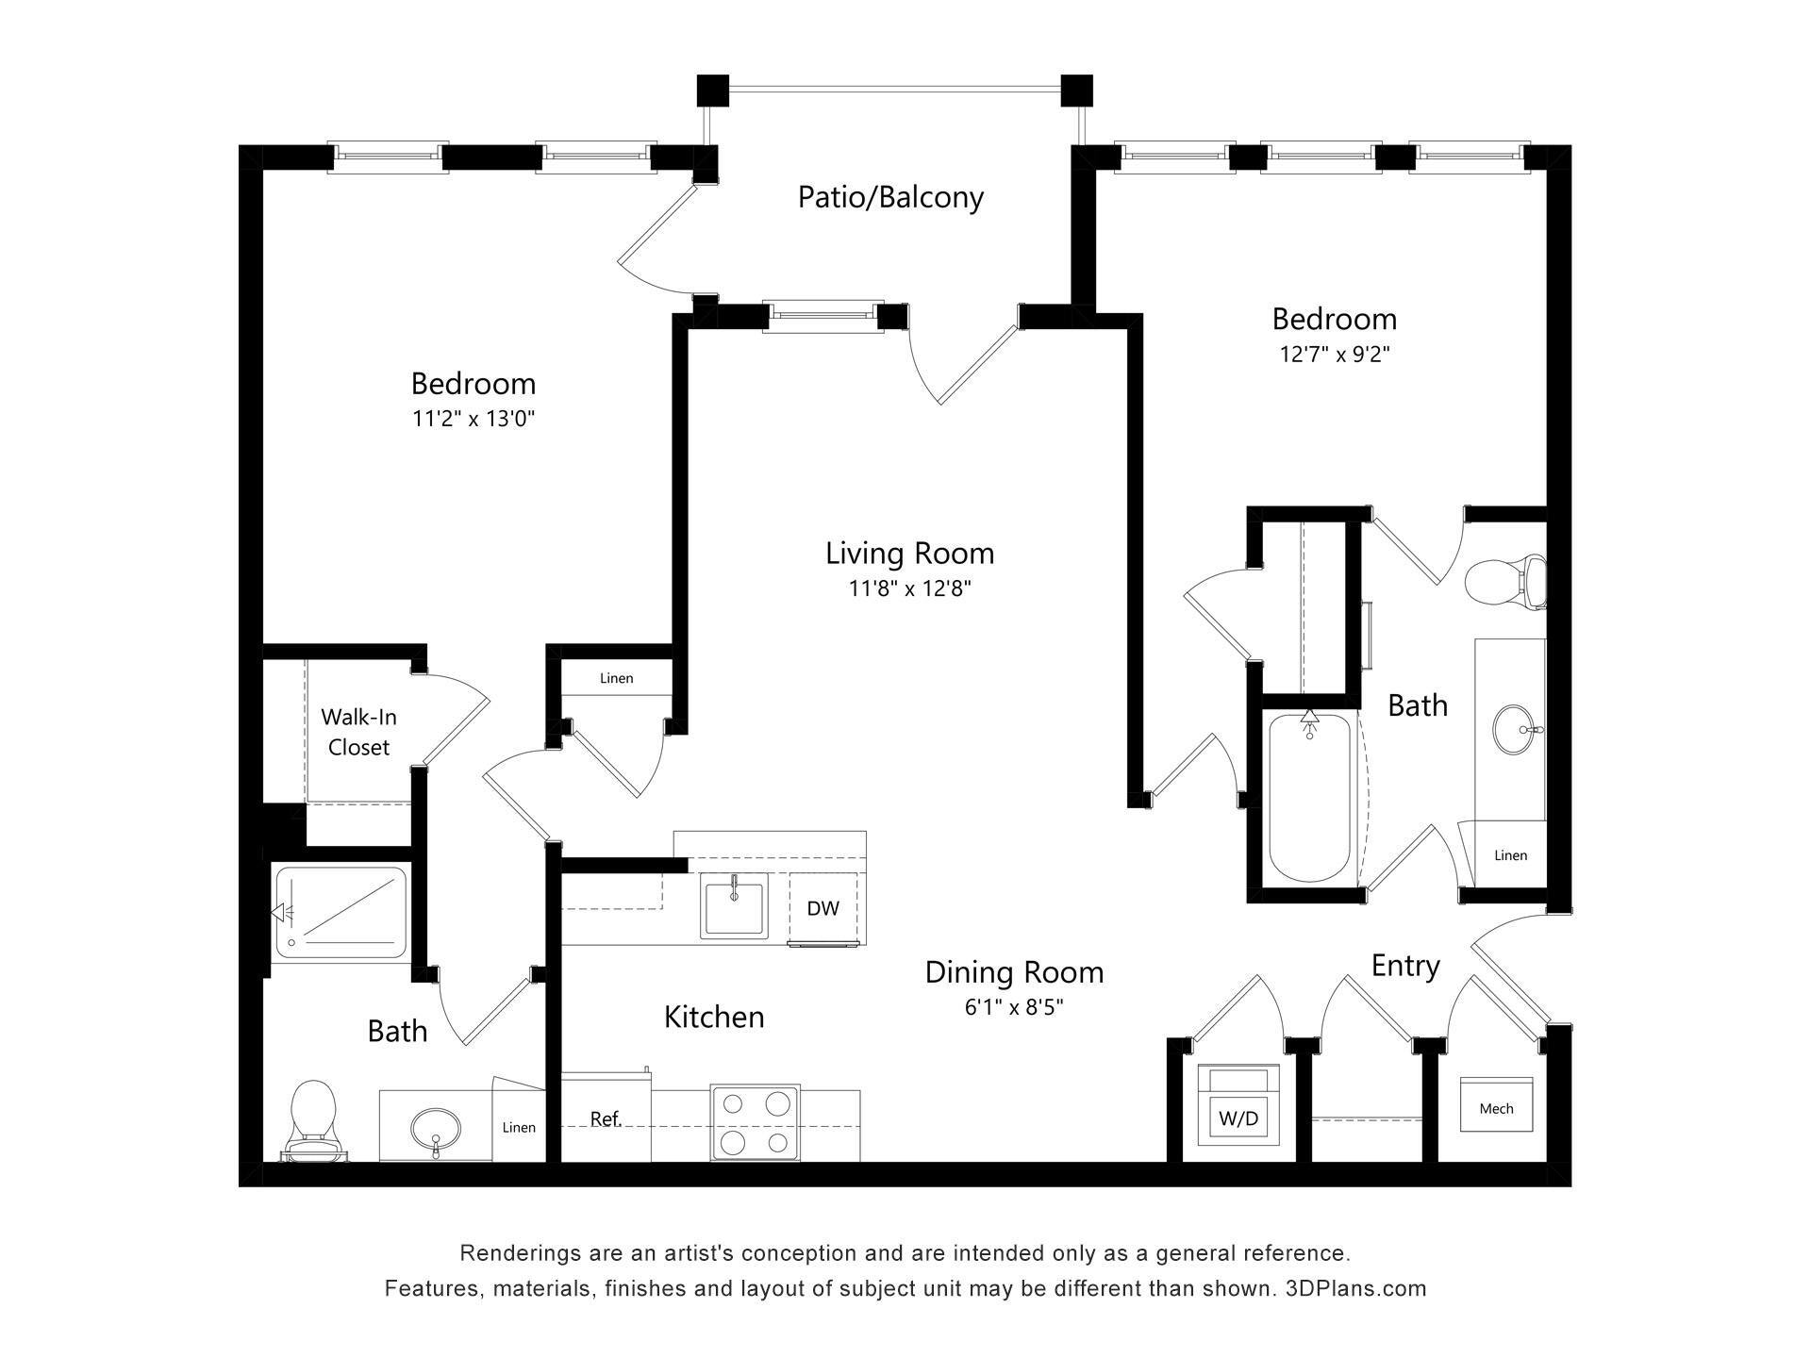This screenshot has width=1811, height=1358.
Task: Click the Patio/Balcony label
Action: pos(890,197)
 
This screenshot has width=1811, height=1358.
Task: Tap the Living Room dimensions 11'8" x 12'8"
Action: pos(909,589)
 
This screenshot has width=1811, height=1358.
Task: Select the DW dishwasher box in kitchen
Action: pos(822,908)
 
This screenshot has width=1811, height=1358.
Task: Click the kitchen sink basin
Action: pos(733,906)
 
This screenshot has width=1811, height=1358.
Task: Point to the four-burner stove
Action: pos(755,1122)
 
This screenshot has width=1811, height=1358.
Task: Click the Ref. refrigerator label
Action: pos(605,1119)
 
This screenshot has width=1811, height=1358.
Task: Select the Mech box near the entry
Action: pos(1496,1105)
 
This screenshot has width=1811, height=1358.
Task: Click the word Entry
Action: pos(1404,967)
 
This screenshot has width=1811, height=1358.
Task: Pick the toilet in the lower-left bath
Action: pos(313,1119)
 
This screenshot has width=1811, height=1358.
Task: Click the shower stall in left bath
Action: pos(341,912)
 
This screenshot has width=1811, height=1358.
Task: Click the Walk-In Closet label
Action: pos(358,732)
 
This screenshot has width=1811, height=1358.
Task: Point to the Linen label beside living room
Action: pos(616,678)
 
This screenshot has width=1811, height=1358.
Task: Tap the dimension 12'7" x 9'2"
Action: pos(1335,355)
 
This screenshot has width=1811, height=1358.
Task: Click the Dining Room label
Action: pos(1014,972)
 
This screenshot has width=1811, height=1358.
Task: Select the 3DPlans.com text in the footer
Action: pos(1355,1288)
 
